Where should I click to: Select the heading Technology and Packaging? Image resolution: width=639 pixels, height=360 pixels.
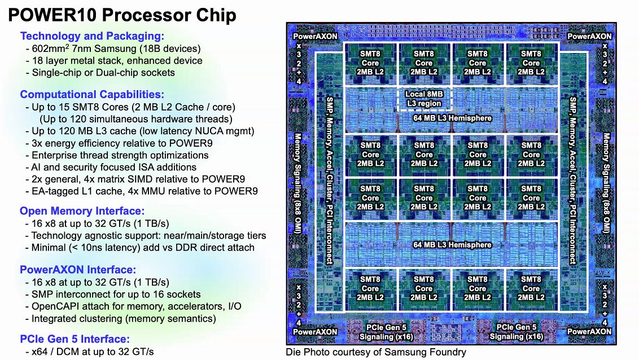coord(92,36)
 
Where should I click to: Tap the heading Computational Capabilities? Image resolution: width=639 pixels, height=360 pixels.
coord(92,94)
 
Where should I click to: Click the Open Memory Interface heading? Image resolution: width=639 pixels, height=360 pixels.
coord(82,211)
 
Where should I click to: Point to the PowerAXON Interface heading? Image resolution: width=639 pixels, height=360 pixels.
coord(78,270)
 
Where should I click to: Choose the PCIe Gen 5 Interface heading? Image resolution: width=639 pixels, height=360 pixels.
coord(75,339)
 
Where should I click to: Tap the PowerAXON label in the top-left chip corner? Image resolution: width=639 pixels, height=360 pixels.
coord(316,36)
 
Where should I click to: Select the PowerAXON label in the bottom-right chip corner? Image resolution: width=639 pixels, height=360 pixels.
coord(589,332)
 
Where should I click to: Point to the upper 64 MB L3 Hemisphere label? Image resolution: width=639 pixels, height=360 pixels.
coord(452,118)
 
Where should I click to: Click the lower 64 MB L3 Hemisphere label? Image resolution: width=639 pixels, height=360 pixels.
coord(452,245)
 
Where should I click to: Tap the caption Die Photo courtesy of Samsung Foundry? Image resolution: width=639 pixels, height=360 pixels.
coord(376,352)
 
